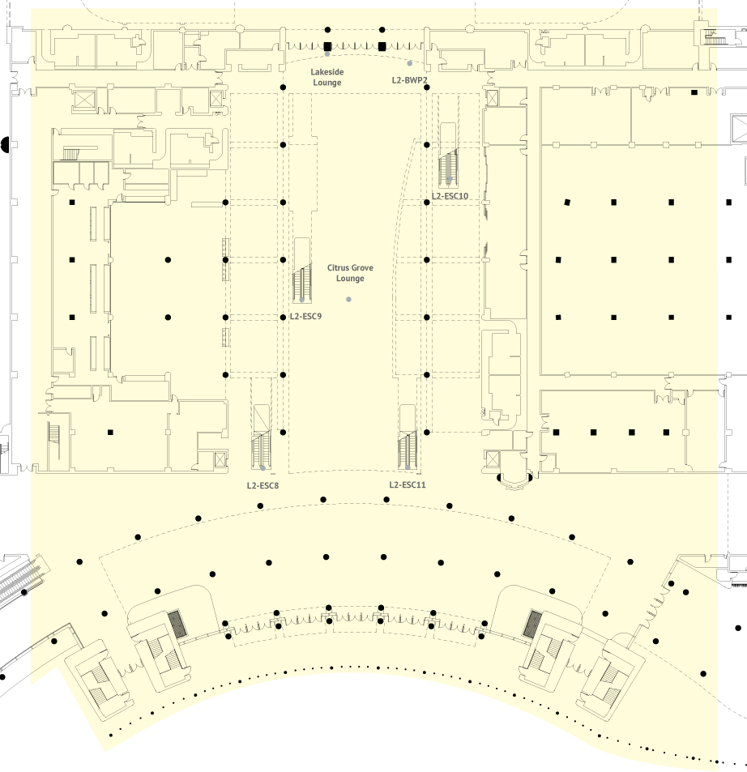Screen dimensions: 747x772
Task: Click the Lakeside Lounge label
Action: coord(327,77)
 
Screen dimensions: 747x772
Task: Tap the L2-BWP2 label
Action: coord(409,80)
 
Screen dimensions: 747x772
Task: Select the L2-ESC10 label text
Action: coord(450,196)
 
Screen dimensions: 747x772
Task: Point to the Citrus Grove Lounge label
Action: coord(350,273)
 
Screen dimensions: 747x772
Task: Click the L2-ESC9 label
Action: coord(305,316)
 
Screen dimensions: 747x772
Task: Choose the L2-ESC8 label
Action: coord(263,485)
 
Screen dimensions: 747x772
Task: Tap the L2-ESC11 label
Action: coord(408,484)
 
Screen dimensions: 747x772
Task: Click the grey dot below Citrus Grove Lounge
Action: coord(348,300)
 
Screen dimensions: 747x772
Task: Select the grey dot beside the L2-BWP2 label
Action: coord(410,63)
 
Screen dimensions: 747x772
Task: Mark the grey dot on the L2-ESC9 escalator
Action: coord(302,300)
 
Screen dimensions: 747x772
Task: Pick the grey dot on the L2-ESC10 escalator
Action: coord(449,180)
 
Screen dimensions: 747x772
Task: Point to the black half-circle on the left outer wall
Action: coord(5,145)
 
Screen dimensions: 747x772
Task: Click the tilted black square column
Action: coord(567,202)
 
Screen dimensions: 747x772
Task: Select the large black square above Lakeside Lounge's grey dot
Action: coord(327,46)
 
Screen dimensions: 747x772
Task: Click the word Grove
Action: coord(362,268)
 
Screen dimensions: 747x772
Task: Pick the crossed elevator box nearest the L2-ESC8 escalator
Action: coord(220,459)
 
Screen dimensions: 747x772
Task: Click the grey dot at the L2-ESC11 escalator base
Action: coord(408,467)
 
